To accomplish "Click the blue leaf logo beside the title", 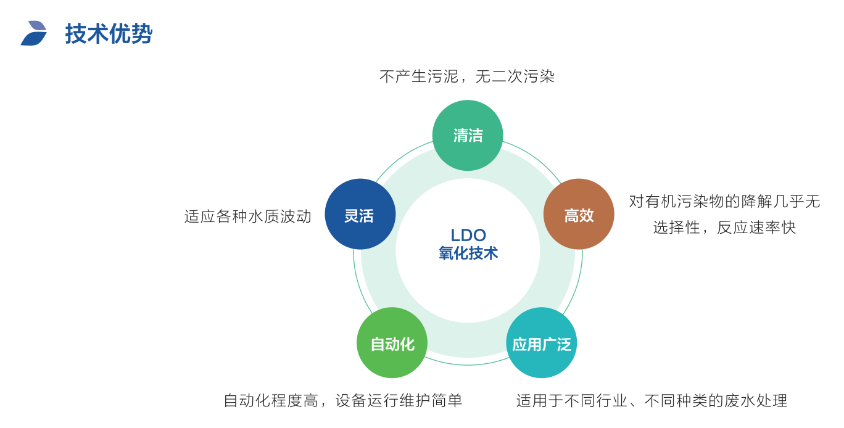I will (x=34, y=33).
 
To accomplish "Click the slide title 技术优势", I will (x=109, y=34).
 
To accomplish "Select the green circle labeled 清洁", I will (x=468, y=136).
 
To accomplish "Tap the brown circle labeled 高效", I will (x=579, y=215).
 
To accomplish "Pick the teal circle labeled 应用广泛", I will (x=542, y=343).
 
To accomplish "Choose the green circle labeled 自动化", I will (x=392, y=343).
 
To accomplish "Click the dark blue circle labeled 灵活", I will (x=360, y=215).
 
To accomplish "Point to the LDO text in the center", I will (x=468, y=235).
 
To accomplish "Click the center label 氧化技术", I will (x=468, y=253).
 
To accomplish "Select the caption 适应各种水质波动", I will (x=248, y=216).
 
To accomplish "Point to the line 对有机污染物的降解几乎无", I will (x=724, y=202).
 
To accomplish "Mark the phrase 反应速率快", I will (x=756, y=228).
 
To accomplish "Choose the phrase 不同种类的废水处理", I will (x=716, y=401).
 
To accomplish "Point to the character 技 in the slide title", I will (x=76, y=34).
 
